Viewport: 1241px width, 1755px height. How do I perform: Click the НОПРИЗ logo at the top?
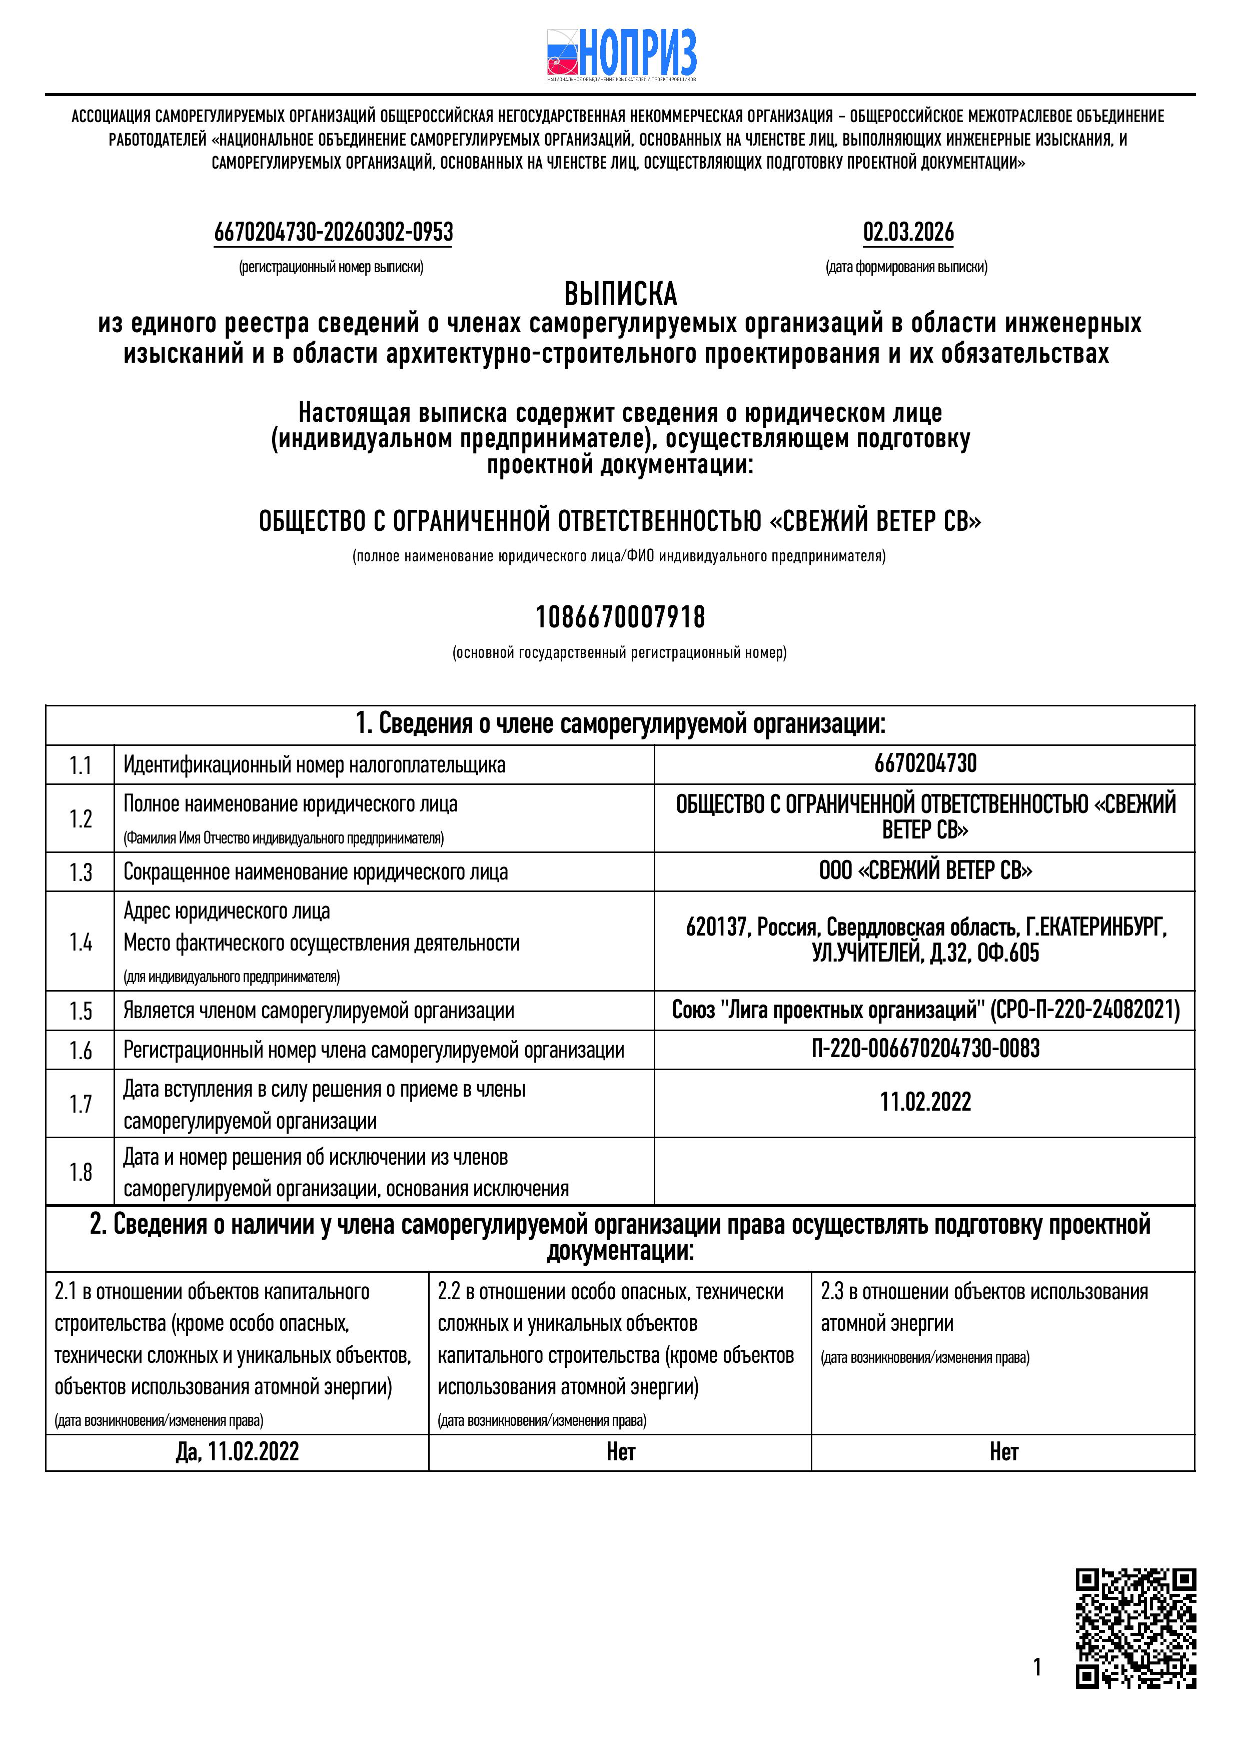coord(620,55)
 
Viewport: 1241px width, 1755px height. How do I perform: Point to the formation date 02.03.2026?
coord(908,232)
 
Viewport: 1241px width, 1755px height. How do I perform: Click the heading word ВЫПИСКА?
coord(620,294)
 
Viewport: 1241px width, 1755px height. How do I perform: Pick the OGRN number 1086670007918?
coord(620,617)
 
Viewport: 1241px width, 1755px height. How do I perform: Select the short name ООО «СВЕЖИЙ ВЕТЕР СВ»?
coord(925,870)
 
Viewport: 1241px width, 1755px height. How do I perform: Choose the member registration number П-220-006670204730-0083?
coord(925,1048)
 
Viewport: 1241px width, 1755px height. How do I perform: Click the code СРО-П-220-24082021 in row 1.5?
coord(1085,1011)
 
